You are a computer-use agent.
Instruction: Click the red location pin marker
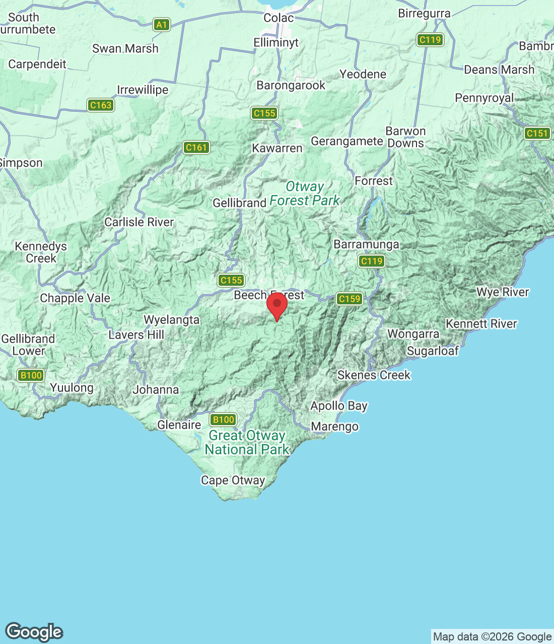tap(276, 305)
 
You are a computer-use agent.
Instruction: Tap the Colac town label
tap(279, 18)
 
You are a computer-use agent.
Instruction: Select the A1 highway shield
tap(161, 25)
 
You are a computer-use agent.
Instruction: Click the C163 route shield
tap(100, 105)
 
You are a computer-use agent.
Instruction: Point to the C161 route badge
tap(196, 147)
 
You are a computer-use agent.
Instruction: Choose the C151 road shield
tap(537, 133)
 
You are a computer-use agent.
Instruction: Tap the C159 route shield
tap(349, 299)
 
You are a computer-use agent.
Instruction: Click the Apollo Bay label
tap(339, 406)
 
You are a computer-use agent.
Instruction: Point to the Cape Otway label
tap(233, 480)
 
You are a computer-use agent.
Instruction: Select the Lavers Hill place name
tap(136, 335)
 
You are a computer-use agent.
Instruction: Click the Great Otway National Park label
tap(247, 443)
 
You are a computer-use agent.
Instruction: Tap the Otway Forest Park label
tap(305, 194)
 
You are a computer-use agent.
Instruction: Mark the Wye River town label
tap(503, 292)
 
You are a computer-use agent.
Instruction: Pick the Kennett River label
tap(481, 324)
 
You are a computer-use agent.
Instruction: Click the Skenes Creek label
tap(374, 375)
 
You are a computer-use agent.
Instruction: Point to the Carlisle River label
tap(139, 222)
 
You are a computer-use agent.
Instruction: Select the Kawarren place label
tap(277, 148)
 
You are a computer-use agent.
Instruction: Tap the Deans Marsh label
tap(499, 70)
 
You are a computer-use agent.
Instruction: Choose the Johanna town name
tap(156, 390)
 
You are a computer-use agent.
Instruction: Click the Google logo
tap(34, 632)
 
